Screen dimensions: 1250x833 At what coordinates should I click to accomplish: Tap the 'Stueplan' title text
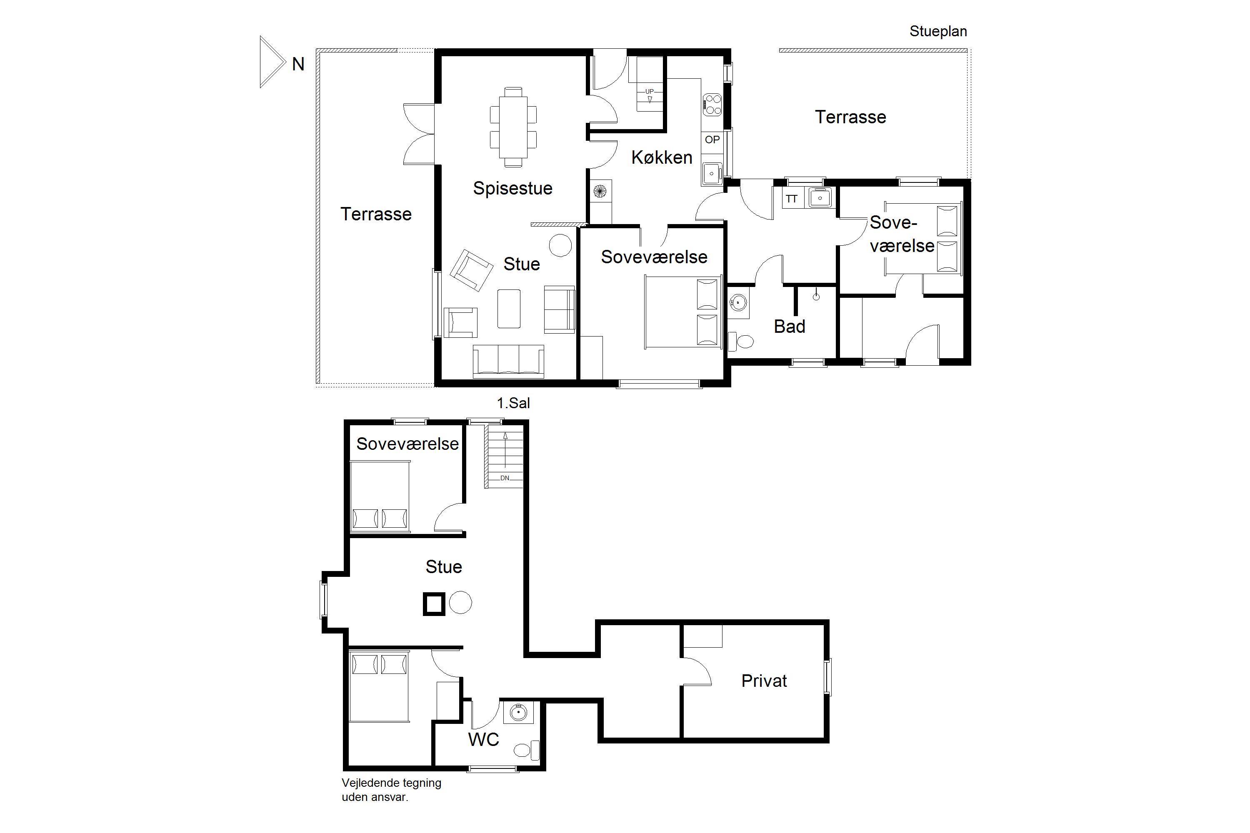click(938, 31)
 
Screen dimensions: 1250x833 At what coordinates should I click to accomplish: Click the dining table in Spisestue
click(513, 127)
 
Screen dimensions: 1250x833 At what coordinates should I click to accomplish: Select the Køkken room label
click(662, 157)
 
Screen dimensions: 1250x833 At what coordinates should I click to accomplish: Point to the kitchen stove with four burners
click(712, 105)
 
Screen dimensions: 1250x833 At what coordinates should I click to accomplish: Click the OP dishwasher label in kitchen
click(712, 140)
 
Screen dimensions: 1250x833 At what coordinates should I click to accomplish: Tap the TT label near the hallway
click(791, 199)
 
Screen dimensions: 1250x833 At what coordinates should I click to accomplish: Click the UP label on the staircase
click(650, 91)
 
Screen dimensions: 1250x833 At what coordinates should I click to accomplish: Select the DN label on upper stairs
click(504, 478)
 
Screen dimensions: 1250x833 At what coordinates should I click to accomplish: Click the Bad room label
click(789, 326)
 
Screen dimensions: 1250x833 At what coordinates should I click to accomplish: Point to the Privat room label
click(764, 681)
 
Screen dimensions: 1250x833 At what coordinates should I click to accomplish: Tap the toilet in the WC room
click(526, 750)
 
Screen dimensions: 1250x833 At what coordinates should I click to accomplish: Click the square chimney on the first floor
click(434, 604)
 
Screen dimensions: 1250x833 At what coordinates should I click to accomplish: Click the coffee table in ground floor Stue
click(509, 308)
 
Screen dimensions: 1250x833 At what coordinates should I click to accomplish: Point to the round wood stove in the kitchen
click(600, 191)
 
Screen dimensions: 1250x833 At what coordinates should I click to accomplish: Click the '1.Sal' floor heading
click(513, 403)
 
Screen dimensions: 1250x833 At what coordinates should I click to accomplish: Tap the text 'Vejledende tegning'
click(391, 783)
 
